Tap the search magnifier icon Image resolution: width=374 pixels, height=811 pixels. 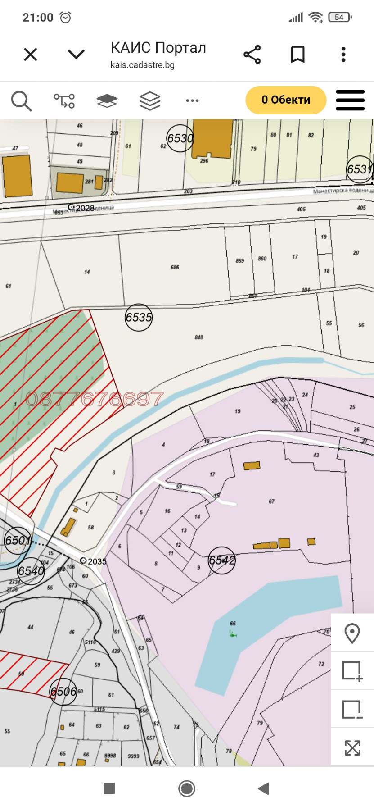21,100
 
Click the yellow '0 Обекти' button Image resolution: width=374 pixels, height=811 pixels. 286,100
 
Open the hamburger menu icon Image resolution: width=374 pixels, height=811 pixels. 350,100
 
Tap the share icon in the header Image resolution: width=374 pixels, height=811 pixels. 252,55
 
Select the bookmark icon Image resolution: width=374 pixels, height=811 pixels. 297,55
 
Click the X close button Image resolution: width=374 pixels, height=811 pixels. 31,55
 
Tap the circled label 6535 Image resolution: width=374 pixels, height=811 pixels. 139,318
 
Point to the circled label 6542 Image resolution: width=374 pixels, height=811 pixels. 222,560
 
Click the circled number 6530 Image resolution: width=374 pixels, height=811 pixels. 180,138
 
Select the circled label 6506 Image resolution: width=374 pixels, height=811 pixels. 63,692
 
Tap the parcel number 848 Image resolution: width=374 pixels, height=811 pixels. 199,337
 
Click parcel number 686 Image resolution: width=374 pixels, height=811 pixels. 175,267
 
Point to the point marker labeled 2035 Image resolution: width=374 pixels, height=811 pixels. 83,560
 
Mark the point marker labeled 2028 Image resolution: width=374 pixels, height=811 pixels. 71,207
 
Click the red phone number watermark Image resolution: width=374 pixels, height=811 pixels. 95,399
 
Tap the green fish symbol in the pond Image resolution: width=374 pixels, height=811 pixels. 233,634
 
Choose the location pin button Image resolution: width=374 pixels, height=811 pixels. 352,633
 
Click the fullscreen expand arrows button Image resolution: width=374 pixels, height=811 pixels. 352,748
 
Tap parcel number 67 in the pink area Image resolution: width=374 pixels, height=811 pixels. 271,501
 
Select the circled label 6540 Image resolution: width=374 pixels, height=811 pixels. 31,571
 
